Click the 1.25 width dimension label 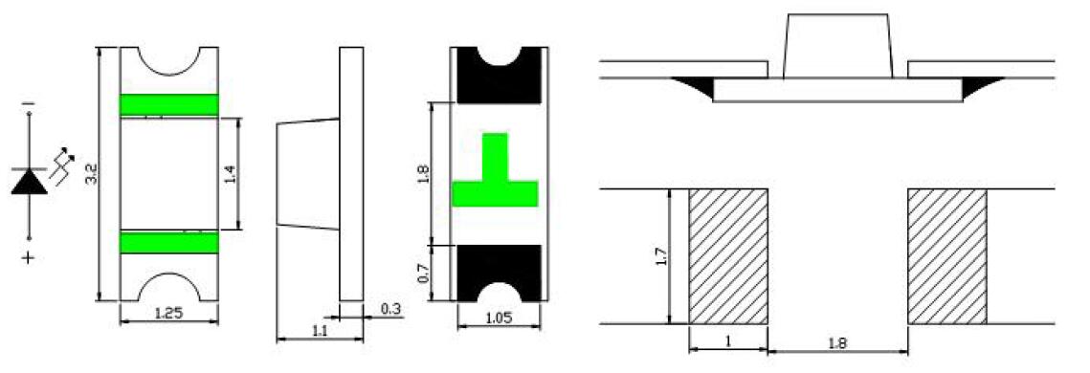click(x=169, y=314)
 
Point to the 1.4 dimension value click(x=232, y=174)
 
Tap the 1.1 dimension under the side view click(x=320, y=332)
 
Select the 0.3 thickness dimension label click(x=391, y=308)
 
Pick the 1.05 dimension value click(x=499, y=318)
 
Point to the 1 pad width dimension click(x=727, y=342)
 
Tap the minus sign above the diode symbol click(x=28, y=104)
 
